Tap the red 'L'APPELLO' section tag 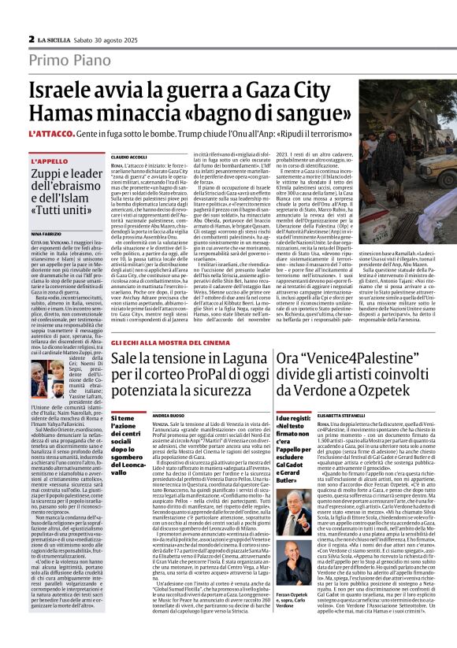(x=49, y=161)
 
